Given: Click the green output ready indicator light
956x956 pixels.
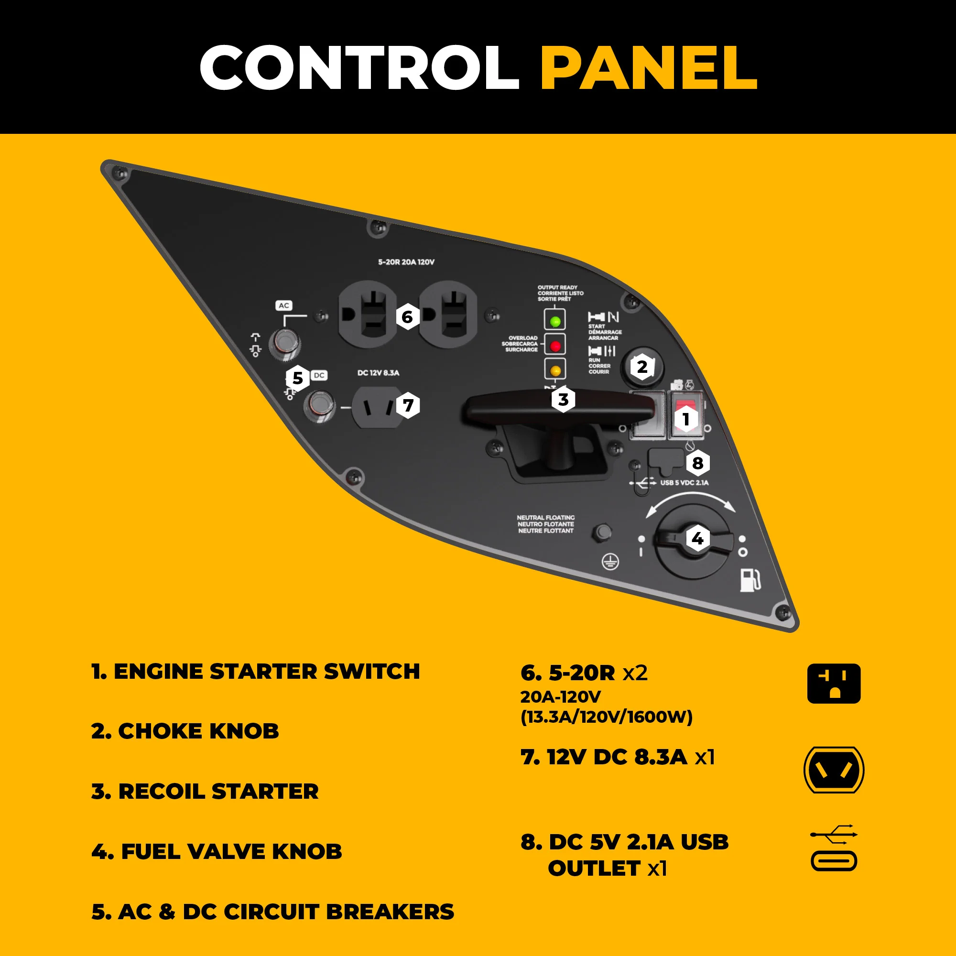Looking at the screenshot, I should pos(555,321).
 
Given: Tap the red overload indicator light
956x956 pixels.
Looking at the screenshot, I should pos(555,346).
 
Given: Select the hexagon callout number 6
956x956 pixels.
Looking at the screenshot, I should pos(407,317).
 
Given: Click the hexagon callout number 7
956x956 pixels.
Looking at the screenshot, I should pos(408,405).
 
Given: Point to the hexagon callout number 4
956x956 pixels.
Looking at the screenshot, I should pos(697,538).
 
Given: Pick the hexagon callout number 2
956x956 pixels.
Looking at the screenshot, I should pos(642,367).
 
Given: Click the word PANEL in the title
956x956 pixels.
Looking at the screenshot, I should pos(648,68).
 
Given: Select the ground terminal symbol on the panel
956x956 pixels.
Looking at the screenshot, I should pos(610,562).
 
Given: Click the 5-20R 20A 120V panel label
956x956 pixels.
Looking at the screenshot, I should pos(406,262).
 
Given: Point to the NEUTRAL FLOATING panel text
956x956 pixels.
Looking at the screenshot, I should pos(546,524).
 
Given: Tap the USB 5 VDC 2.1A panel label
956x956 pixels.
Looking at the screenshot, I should pos(684,482).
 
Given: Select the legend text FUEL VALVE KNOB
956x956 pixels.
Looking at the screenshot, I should pos(217,852).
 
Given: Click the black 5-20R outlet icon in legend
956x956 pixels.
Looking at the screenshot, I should pos(834,684).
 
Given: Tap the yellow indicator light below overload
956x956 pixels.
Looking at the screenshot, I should pos(555,369).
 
